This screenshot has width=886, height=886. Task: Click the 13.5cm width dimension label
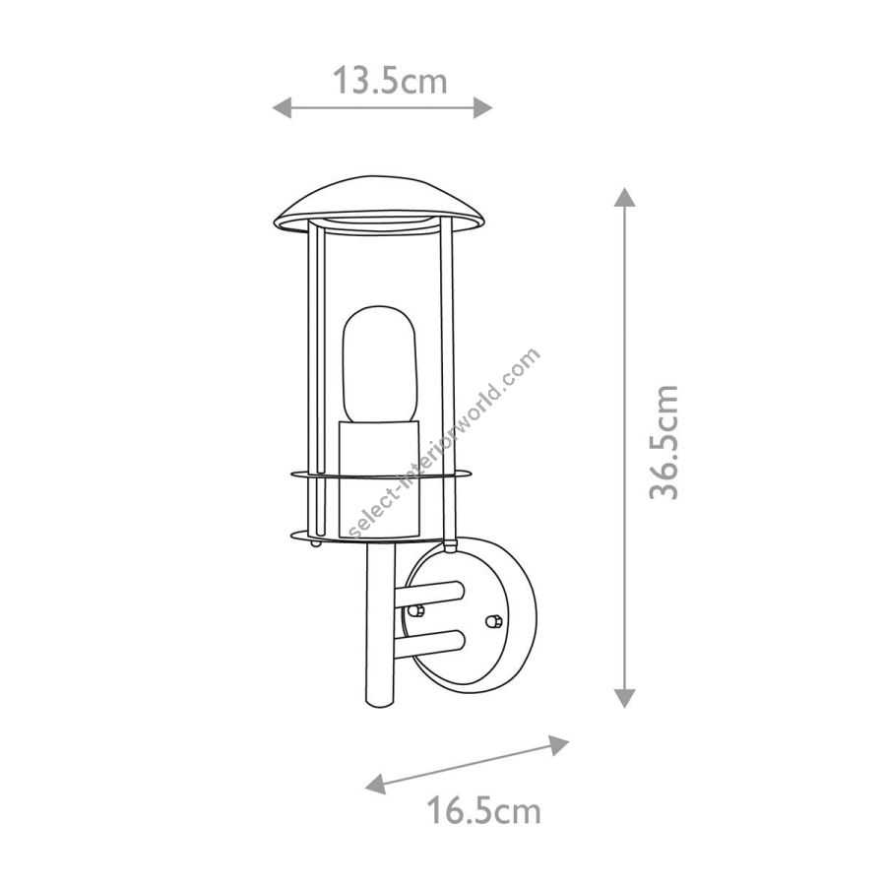[x=389, y=81]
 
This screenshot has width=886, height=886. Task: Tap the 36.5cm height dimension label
[x=664, y=442]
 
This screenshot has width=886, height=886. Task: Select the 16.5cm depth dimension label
[x=483, y=810]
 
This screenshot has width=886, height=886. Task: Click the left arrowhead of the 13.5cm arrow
[x=282, y=107]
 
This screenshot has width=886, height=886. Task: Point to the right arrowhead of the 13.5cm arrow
[x=483, y=107]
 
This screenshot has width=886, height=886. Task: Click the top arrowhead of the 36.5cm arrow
[x=624, y=197]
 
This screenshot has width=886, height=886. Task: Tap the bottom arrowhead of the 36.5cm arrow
[x=624, y=698]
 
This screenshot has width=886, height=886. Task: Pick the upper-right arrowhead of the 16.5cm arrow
[x=559, y=745]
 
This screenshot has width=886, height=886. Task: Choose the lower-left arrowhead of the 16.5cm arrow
[x=376, y=784]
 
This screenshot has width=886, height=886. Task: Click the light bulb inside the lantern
[x=380, y=364]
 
